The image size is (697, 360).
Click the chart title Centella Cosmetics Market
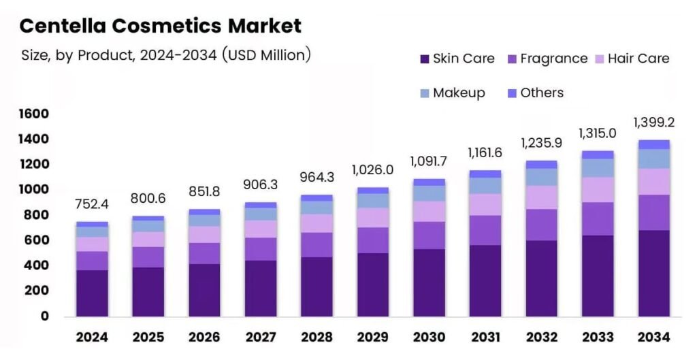tap(160, 26)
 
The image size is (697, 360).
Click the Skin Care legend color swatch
tap(425, 59)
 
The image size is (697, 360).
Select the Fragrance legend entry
tap(547, 59)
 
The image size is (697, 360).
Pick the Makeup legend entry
tap(452, 93)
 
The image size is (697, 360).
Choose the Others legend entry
tap(536, 93)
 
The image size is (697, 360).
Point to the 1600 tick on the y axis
tap(33, 114)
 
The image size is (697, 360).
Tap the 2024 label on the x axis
tap(92, 337)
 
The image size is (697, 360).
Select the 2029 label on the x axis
tap(373, 337)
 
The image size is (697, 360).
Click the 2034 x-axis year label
tap(653, 337)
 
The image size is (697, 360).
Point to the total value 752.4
tap(92, 204)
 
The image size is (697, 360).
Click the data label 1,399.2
tap(653, 122)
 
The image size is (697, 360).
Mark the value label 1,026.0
tap(373, 169)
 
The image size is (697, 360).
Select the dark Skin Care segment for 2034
tap(653, 273)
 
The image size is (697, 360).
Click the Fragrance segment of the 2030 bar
tap(429, 235)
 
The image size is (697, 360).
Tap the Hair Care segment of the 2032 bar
tap(541, 197)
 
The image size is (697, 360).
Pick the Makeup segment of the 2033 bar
tap(598, 167)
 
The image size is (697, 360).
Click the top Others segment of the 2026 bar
tap(204, 212)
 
